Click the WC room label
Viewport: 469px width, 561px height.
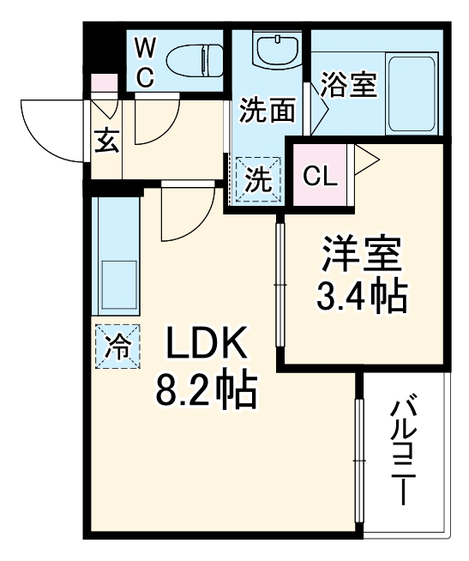point(145,62)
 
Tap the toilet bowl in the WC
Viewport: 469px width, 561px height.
point(192,60)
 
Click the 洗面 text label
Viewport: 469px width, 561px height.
point(267,110)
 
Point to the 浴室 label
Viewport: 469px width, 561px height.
point(349,86)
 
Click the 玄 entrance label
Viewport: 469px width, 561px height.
point(106,141)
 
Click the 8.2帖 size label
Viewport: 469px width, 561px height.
point(206,391)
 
